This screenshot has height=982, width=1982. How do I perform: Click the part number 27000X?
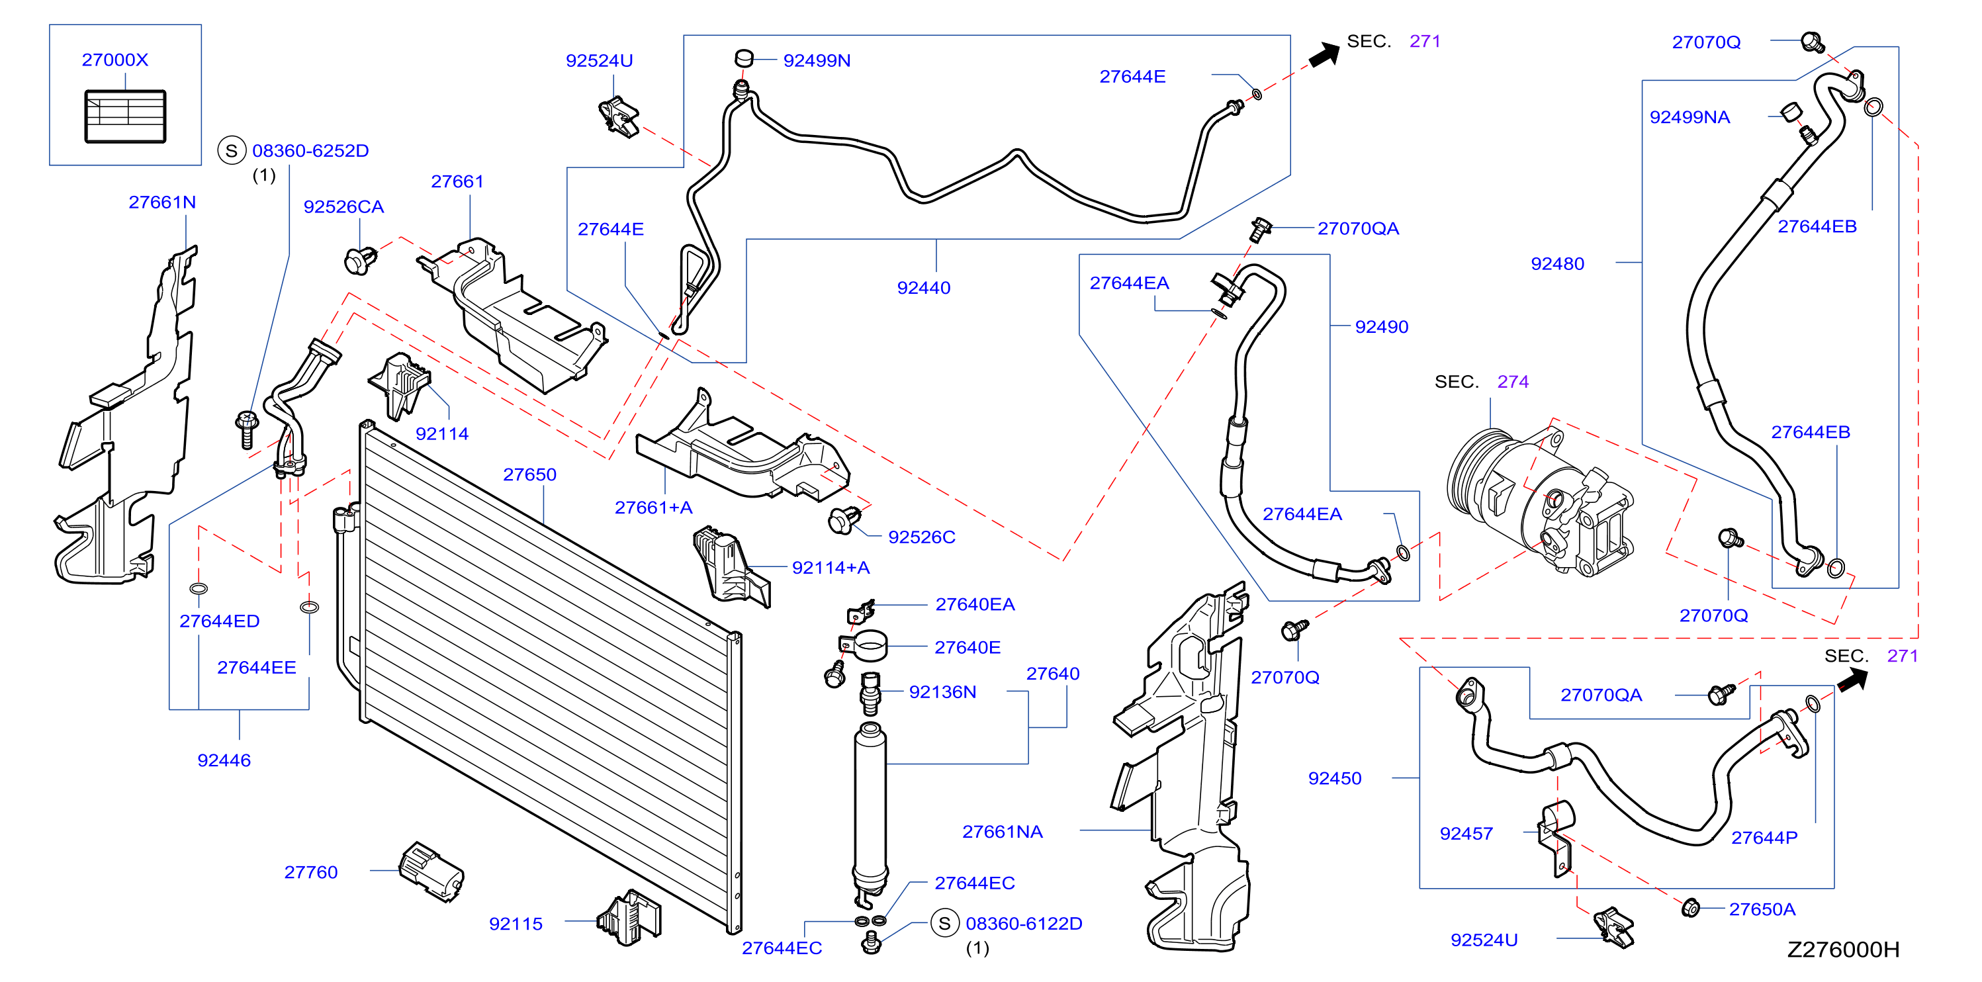coord(114,60)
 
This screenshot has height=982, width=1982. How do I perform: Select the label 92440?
coord(923,287)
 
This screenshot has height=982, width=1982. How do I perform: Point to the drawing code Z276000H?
coord(1843,949)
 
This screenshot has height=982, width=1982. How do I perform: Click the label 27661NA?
coord(1002,831)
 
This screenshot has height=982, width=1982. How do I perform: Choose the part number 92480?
coord(1557,263)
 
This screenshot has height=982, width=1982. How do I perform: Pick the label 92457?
coord(1466,834)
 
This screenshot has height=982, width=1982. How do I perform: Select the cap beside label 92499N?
coord(743,58)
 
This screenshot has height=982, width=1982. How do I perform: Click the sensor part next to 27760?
coord(431,871)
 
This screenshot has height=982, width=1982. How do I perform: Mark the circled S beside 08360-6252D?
coord(232,150)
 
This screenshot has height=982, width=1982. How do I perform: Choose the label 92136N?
coord(942,692)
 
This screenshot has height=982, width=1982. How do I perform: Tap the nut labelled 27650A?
coord(1690,908)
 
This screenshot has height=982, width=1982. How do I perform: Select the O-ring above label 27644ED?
coord(198,589)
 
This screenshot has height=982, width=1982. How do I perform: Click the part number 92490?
coord(1381,326)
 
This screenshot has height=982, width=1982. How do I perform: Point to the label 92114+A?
coord(831,567)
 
